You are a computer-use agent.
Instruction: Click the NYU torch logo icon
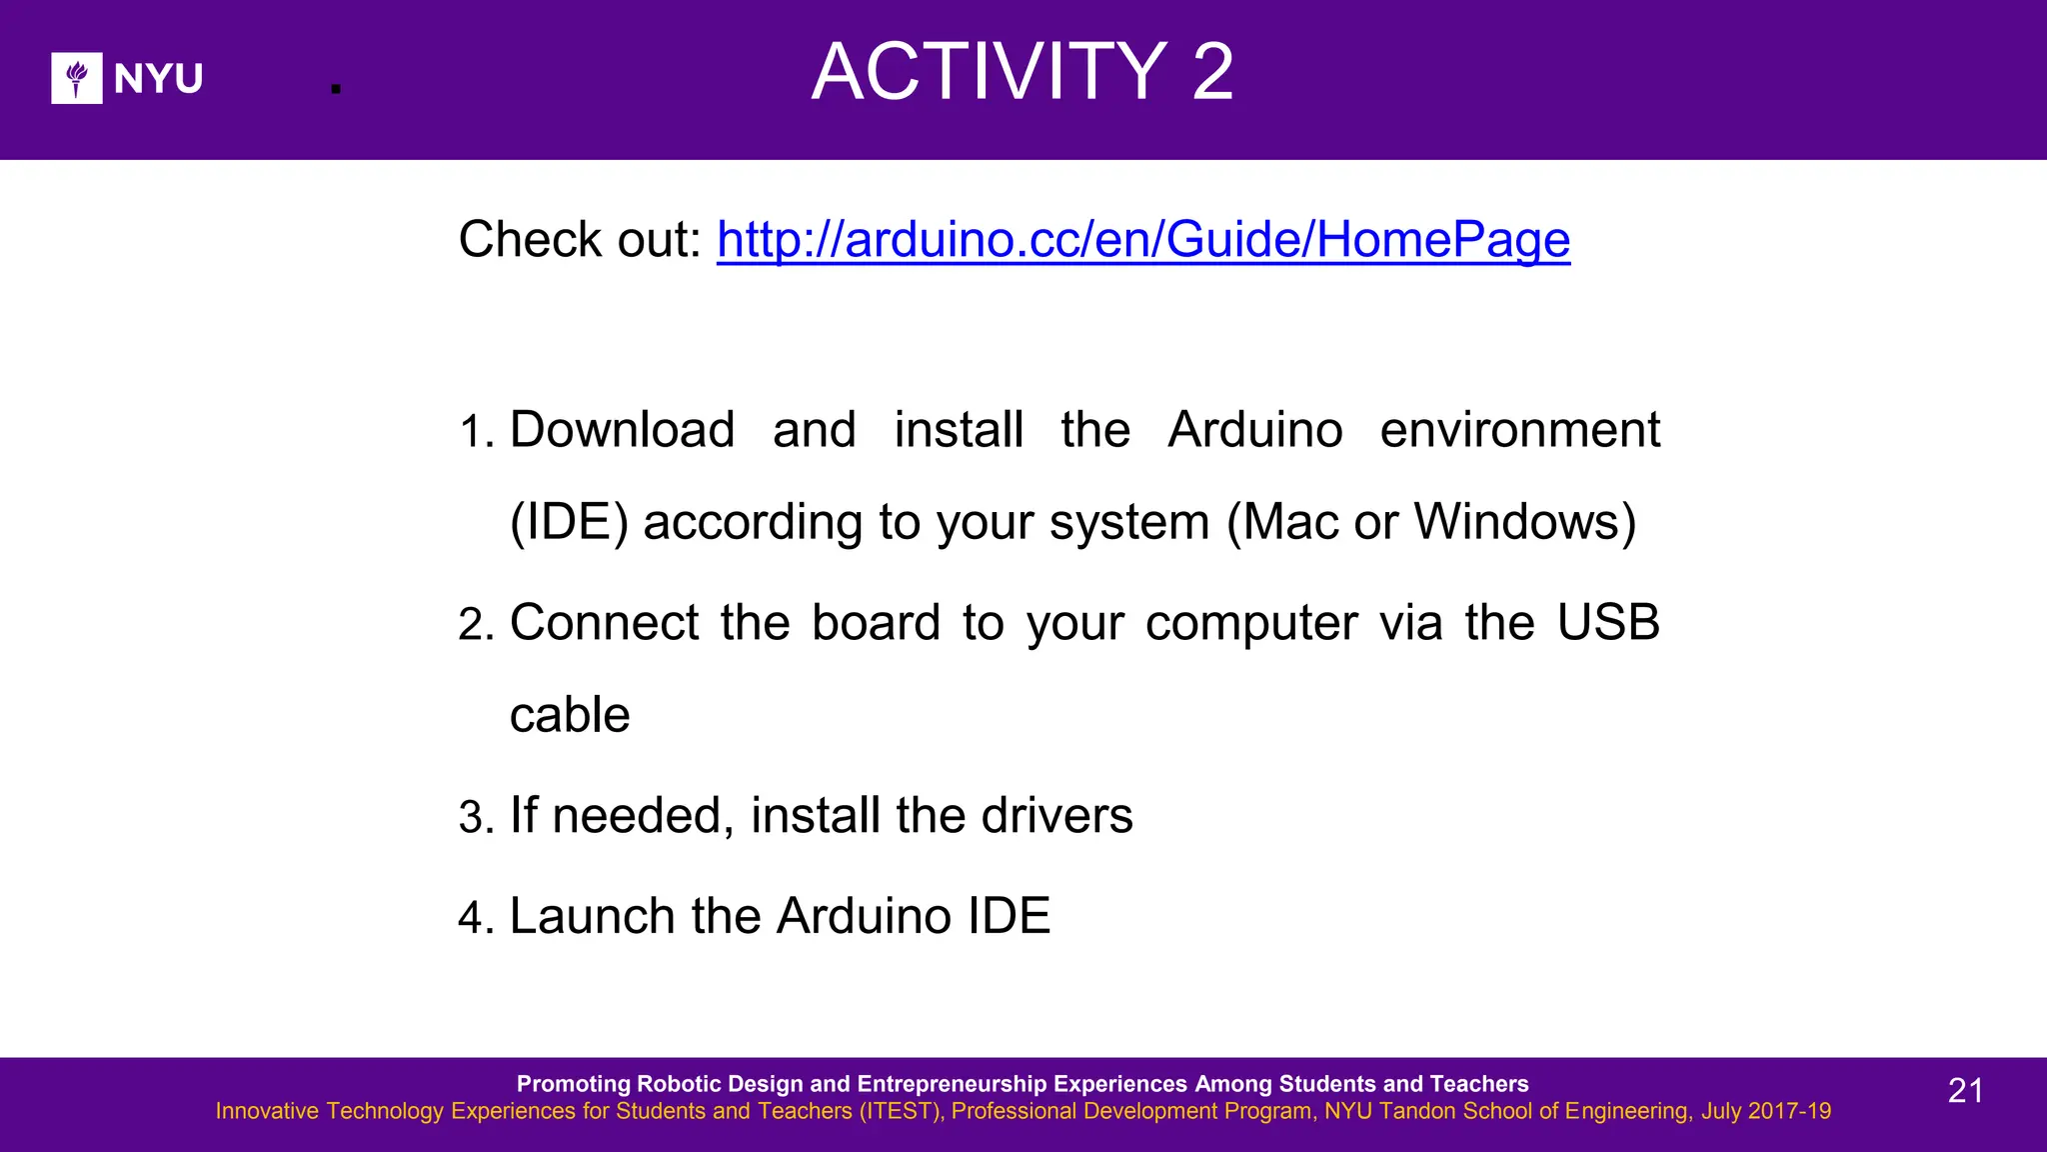click(x=77, y=78)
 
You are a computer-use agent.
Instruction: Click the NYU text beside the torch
click(x=158, y=78)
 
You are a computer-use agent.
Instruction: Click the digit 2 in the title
click(x=1212, y=72)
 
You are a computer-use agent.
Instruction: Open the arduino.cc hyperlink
click(x=1142, y=240)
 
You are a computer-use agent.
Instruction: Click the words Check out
click(x=580, y=240)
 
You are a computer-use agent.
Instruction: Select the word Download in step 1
click(x=622, y=430)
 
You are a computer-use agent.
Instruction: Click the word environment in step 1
click(x=1519, y=430)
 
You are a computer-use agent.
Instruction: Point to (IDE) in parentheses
click(x=569, y=522)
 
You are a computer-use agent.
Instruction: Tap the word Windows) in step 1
click(x=1525, y=522)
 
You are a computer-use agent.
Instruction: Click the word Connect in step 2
click(x=604, y=623)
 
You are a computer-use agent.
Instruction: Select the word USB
click(x=1608, y=623)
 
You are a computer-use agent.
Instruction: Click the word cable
click(x=570, y=715)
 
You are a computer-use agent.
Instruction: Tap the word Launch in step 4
click(x=592, y=916)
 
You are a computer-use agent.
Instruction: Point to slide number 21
click(x=1965, y=1090)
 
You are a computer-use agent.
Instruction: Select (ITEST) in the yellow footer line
click(x=901, y=1111)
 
